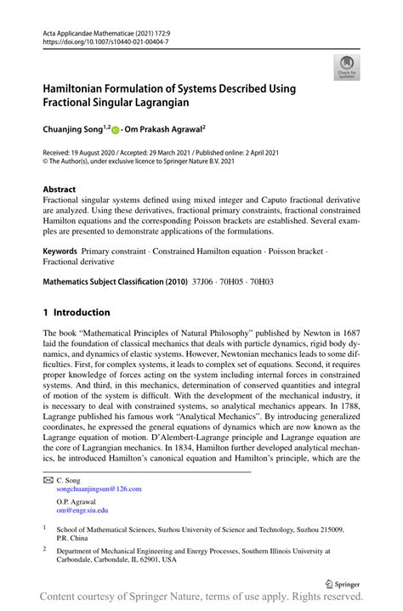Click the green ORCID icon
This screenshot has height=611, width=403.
tap(117, 130)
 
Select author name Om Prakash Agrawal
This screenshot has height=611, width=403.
tap(167, 130)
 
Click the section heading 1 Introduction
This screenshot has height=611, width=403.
tap(82, 312)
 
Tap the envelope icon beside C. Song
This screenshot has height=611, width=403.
tap(48, 480)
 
